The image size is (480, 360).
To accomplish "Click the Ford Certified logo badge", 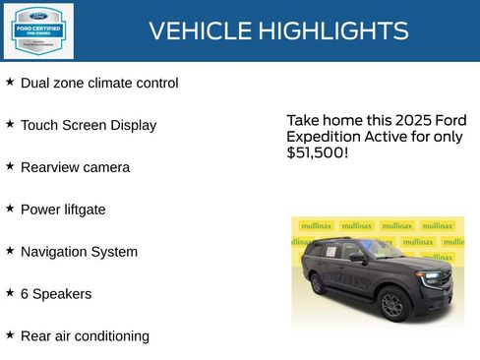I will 36,30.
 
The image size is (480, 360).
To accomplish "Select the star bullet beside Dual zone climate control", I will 10,82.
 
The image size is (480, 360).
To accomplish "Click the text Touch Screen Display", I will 89,126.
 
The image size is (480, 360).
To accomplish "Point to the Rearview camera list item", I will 75,168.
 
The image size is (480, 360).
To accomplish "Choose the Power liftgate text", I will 63,210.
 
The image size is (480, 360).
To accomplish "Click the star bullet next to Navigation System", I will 10,251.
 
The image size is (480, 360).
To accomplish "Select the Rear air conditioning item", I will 85,336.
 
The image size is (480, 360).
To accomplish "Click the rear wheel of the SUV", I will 318,284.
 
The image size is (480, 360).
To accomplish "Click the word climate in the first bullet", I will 118,84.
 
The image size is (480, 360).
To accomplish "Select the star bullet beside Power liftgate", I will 10,209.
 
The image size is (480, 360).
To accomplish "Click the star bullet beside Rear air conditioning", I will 10,334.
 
